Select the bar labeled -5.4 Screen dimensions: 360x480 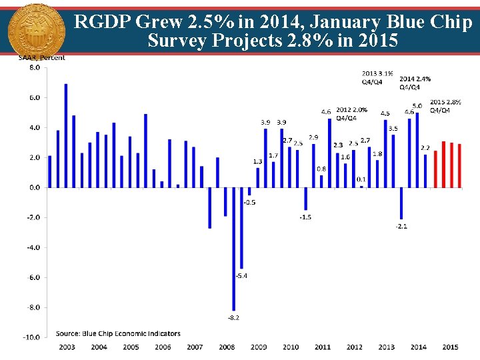[x=241, y=227]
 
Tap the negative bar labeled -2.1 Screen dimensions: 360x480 [x=401, y=203]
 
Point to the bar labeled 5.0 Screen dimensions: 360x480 [x=417, y=150]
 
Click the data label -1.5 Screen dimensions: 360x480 [x=305, y=217]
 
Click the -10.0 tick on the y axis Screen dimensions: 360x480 [x=31, y=337]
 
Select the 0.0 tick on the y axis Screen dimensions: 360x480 [x=33, y=187]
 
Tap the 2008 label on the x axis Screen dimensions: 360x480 [x=227, y=347]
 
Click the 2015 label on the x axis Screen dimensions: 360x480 [x=450, y=347]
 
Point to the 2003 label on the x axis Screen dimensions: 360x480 [x=67, y=347]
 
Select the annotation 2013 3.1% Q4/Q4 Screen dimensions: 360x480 [x=377, y=77]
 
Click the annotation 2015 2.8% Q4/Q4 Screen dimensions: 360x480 [x=445, y=106]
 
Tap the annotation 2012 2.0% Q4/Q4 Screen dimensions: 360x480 [x=351, y=113]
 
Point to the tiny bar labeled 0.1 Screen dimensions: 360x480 [x=361, y=187]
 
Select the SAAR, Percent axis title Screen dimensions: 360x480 [x=41, y=57]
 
